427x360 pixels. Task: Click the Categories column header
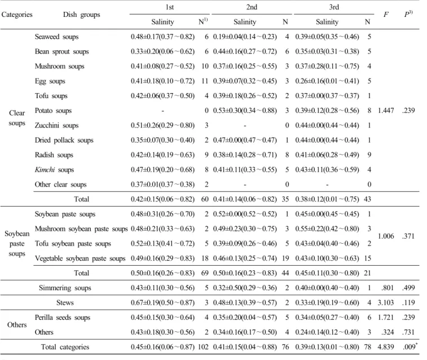(17, 15)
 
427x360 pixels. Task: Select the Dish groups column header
(81, 15)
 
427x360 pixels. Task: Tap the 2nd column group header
(252, 7)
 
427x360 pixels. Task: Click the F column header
(386, 15)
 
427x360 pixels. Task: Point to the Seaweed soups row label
(56, 37)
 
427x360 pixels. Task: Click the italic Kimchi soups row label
(54, 170)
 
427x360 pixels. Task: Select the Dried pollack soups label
(64, 140)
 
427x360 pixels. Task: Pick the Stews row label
(65, 302)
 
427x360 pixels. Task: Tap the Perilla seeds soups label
(63, 318)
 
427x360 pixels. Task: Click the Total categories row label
(65, 347)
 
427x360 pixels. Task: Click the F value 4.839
(386, 347)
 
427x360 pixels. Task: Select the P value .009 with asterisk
(410, 346)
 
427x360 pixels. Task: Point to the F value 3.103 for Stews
(386, 302)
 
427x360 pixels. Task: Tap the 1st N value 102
(203, 347)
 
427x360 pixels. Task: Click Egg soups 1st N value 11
(205, 81)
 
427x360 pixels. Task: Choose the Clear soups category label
(17, 118)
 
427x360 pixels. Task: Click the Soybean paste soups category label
(17, 243)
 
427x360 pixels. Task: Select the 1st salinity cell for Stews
(162, 302)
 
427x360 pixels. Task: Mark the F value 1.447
(386, 110)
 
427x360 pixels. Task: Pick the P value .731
(408, 332)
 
